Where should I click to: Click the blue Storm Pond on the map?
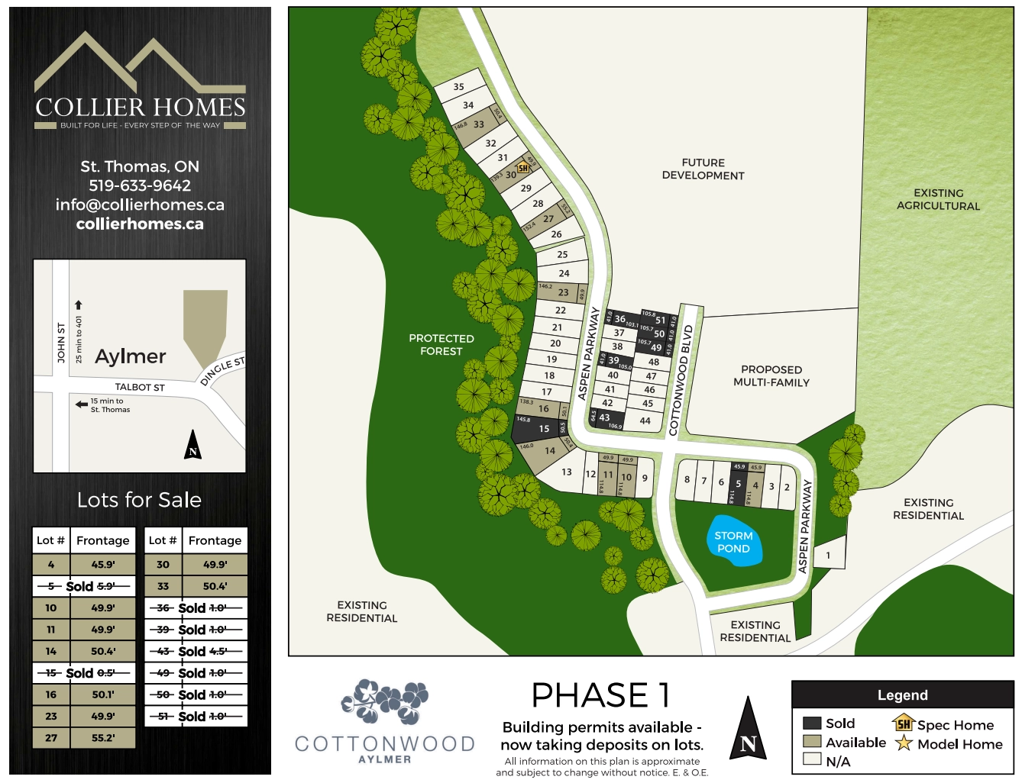(733, 542)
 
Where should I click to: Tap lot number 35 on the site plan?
(458, 87)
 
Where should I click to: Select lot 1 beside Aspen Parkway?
(828, 556)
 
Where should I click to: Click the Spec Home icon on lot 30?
(523, 168)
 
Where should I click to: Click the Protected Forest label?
(441, 345)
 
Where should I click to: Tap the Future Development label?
(703, 169)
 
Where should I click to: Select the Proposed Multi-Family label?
(771, 376)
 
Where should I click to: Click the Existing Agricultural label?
(938, 199)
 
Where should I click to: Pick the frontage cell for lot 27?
(103, 738)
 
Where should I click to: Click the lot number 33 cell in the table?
(163, 586)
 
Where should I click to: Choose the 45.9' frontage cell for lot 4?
(103, 565)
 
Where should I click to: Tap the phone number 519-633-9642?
(140, 185)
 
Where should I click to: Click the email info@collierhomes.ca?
(140, 205)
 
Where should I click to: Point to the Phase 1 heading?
(601, 695)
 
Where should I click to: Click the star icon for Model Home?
(904, 743)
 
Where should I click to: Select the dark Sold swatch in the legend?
(812, 723)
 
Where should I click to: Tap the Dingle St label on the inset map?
(222, 370)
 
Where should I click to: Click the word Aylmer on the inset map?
(131, 356)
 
